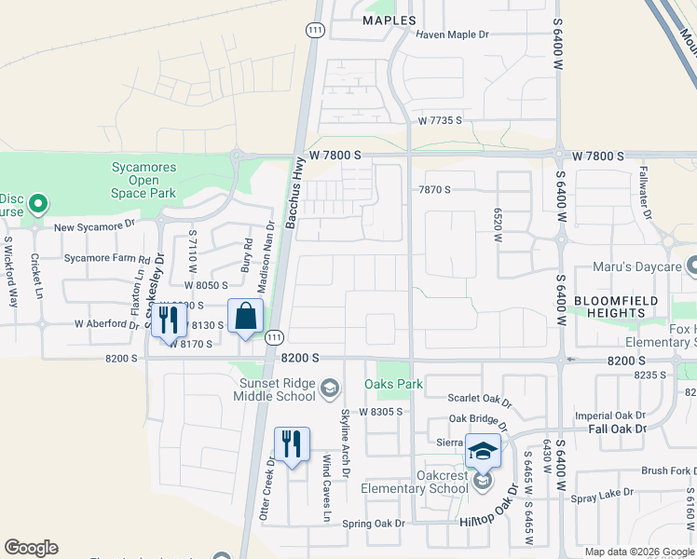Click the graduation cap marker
tap(483, 451)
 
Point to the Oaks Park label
tap(394, 384)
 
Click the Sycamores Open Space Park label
tap(143, 180)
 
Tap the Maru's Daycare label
tap(636, 267)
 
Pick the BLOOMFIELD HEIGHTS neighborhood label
tap(615, 307)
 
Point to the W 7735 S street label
tap(441, 121)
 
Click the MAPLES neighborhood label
tap(389, 20)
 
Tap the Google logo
tap(31, 548)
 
